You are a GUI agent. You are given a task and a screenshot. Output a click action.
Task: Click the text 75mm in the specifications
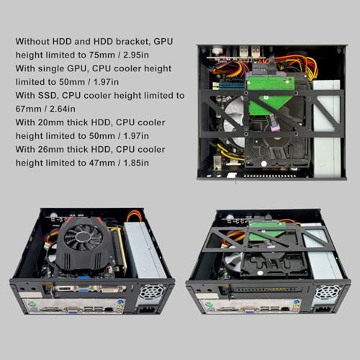[x=102, y=55]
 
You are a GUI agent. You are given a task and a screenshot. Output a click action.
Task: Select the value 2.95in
[x=136, y=55]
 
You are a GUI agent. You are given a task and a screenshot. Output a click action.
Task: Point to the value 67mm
[x=29, y=109]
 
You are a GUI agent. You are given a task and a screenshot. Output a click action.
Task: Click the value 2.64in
[x=63, y=109]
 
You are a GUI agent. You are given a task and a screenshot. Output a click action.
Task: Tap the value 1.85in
[x=136, y=163]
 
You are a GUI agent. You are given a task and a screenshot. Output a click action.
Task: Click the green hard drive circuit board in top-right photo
[x=271, y=93]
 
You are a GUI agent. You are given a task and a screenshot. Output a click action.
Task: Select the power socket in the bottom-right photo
[x=323, y=311]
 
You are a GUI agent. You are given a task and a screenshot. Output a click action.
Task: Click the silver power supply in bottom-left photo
[x=145, y=250]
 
